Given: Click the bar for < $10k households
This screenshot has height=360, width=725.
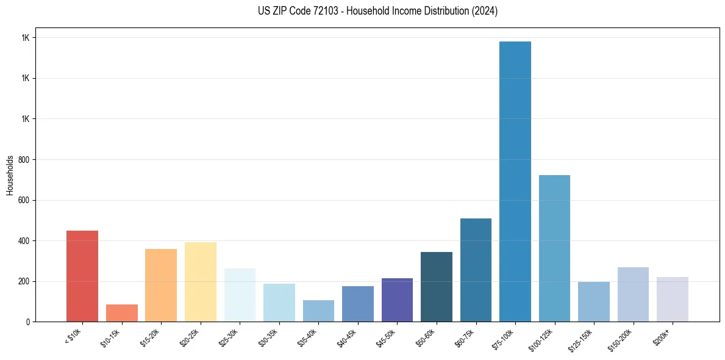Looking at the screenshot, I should click(82, 276).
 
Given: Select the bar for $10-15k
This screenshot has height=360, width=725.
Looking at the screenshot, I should click(121, 313).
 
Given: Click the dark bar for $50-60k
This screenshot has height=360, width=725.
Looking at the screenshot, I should click(437, 287).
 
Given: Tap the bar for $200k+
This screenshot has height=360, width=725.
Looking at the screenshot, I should click(673, 300).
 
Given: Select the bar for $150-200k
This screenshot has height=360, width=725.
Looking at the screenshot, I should click(633, 295).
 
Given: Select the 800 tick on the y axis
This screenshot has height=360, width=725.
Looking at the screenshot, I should click(24, 160).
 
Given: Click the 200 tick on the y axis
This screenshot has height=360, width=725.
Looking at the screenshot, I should click(24, 282).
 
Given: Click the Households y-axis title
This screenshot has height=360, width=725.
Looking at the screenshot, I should click(10, 175).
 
